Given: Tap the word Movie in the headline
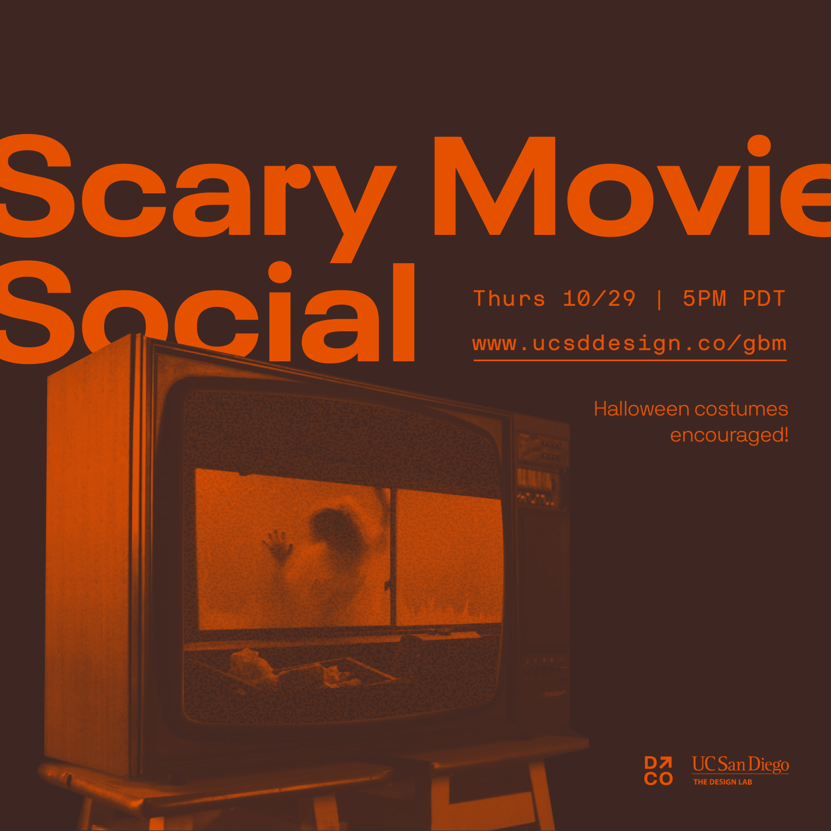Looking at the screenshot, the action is (x=632, y=186).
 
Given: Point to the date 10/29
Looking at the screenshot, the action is (x=599, y=299).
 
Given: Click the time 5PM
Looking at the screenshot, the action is (x=704, y=299).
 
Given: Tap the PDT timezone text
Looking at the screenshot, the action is (x=764, y=299).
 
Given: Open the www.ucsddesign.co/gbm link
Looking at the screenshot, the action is (x=629, y=344).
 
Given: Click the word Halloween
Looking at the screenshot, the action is (x=641, y=409).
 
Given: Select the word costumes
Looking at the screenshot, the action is (x=741, y=409).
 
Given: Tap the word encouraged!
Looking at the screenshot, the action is (x=729, y=435).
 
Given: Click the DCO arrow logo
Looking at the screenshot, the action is (x=658, y=771).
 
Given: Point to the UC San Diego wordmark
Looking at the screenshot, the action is (x=740, y=765).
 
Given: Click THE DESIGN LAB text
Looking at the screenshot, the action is (x=722, y=782).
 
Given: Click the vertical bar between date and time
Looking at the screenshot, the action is (x=659, y=299).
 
